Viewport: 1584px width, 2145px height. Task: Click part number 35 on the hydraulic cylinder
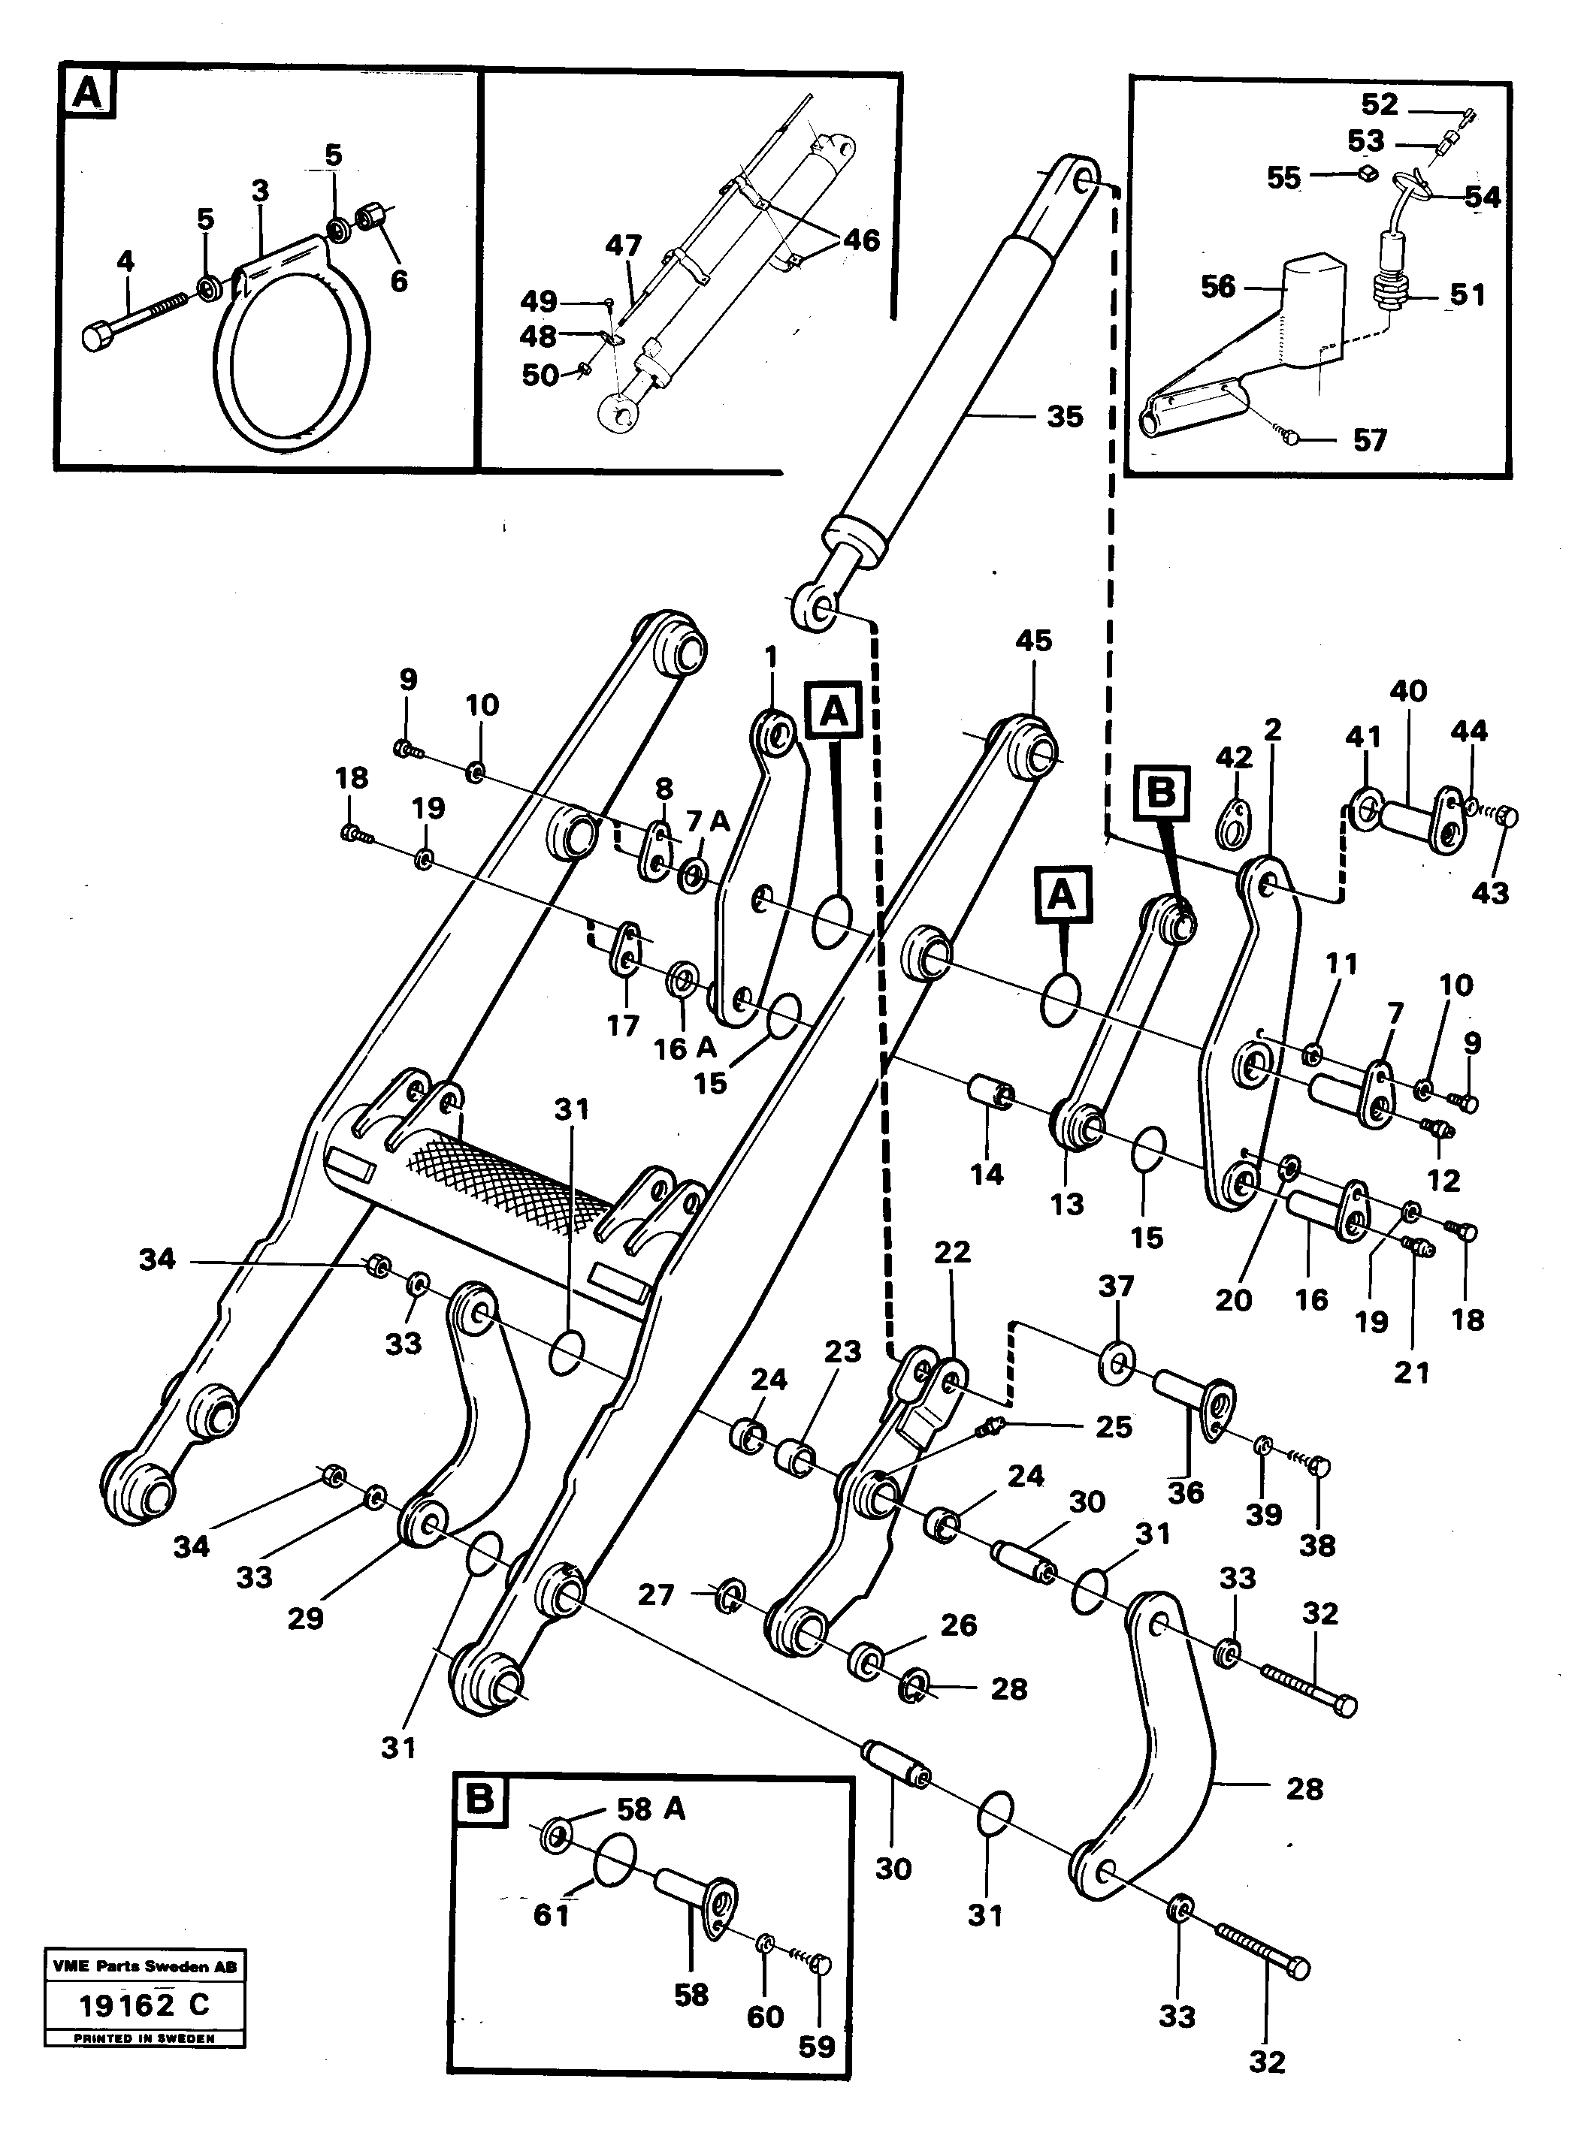(1064, 417)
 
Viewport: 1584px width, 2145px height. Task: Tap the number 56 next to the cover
(1218, 287)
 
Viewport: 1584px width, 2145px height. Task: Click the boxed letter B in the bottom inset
(479, 1800)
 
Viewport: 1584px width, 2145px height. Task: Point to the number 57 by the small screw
(1369, 440)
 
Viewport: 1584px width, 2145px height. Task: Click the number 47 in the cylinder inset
(623, 246)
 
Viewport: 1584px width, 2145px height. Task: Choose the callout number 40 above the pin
(1407, 691)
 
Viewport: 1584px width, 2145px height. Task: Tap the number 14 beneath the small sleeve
(987, 1174)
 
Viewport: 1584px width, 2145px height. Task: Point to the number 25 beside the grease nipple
(1113, 1427)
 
